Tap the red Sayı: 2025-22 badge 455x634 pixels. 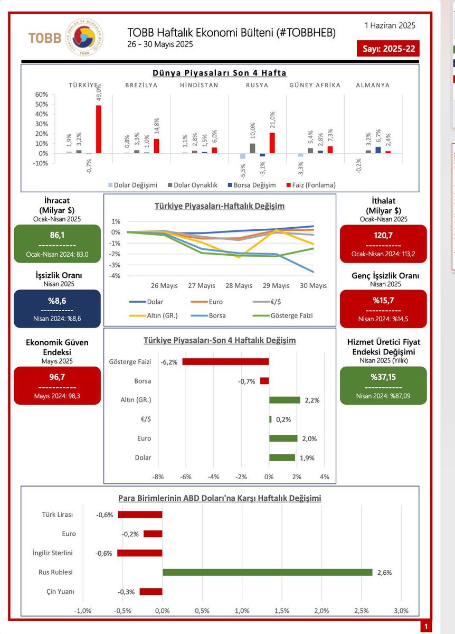388,49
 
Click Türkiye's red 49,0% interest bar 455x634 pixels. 98,129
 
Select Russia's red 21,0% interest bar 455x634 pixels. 272,143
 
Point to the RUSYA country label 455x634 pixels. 257,85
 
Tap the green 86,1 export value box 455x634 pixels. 57,244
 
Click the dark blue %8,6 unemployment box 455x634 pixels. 57,309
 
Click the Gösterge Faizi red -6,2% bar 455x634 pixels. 225,361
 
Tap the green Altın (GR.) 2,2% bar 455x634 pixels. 285,400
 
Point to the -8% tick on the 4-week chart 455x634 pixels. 157,477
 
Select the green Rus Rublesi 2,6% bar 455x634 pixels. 267,572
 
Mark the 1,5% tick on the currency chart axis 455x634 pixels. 282,611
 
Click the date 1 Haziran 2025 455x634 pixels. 390,25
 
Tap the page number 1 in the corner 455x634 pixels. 425,627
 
